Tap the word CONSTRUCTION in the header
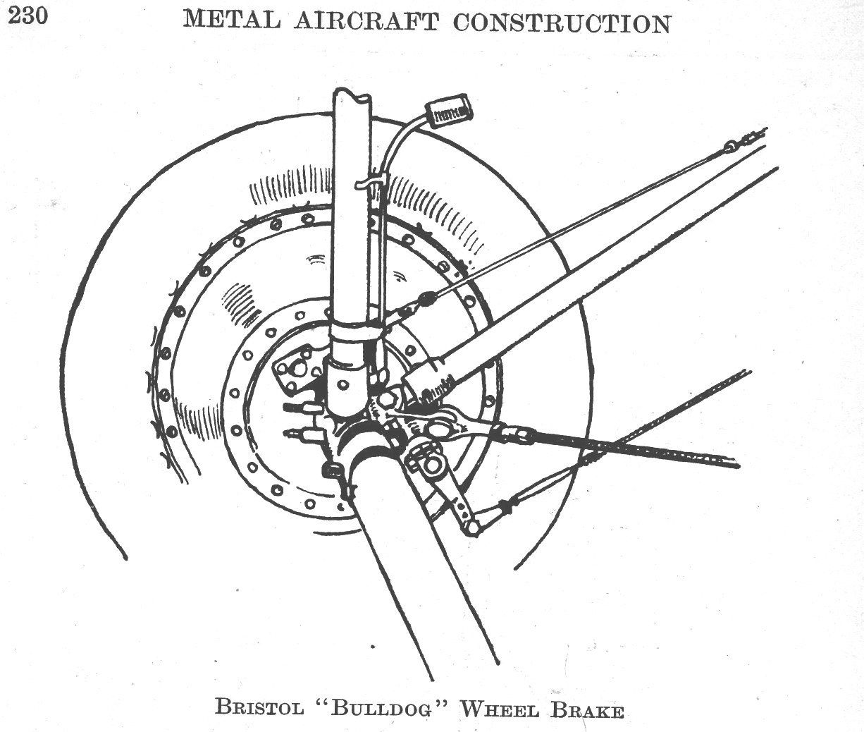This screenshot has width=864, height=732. [562, 23]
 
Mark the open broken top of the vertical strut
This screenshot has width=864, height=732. [351, 96]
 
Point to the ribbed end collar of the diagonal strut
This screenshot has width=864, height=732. [431, 381]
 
